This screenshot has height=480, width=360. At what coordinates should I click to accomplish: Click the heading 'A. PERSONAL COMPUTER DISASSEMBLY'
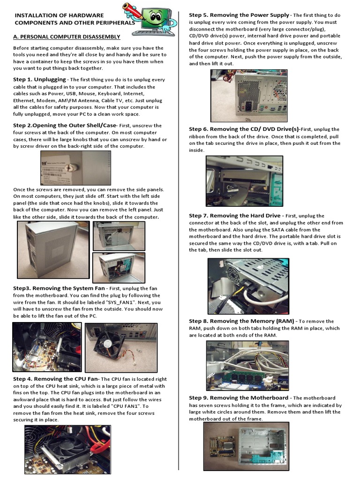pyautogui.click(x=67, y=37)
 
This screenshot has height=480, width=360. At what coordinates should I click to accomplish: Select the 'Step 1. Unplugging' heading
pyautogui.click(x=39, y=80)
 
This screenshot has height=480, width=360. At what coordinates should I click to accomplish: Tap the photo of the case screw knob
pyautogui.click(x=75, y=168)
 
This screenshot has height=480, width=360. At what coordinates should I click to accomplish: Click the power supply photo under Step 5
pyautogui.click(x=248, y=96)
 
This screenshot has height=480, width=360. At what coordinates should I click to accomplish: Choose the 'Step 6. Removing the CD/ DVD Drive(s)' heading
pyautogui.click(x=244, y=129)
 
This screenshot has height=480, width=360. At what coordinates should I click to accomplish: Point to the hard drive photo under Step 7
pyautogui.click(x=248, y=286)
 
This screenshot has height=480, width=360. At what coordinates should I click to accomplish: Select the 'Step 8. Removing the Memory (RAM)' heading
pyautogui.click(x=241, y=321)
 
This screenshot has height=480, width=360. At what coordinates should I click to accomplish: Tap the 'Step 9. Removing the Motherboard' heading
pyautogui.click(x=239, y=398)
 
